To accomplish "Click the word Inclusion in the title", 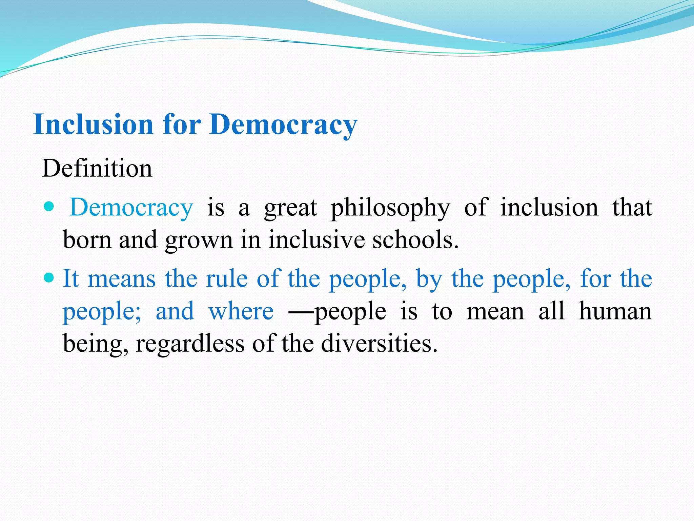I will [x=94, y=124].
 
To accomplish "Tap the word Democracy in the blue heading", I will [x=283, y=125].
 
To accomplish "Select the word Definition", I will [x=97, y=168].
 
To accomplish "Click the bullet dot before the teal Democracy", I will [x=49, y=207].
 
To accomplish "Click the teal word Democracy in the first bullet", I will [x=131, y=208].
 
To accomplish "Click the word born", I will [x=87, y=239].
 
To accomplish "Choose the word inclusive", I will [x=317, y=239].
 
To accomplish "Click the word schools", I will [x=415, y=239].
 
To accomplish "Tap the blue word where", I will [x=241, y=311].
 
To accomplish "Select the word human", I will [x=615, y=311].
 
